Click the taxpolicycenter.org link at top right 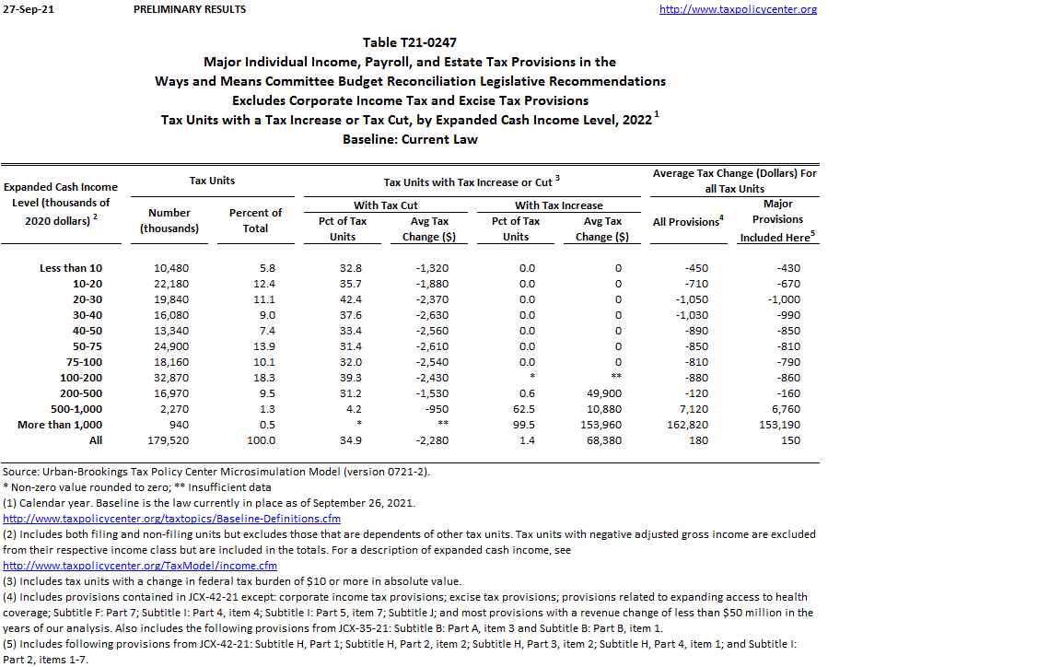(x=738, y=9)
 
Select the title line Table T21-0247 (x=410, y=42)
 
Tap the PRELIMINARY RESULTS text (x=190, y=9)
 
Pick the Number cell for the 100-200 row (x=169, y=378)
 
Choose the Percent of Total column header (x=255, y=220)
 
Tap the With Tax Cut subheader (x=386, y=205)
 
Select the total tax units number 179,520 (x=169, y=440)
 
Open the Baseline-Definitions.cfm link (x=171, y=519)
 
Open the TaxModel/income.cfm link (x=140, y=565)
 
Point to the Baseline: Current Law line (x=410, y=139)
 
